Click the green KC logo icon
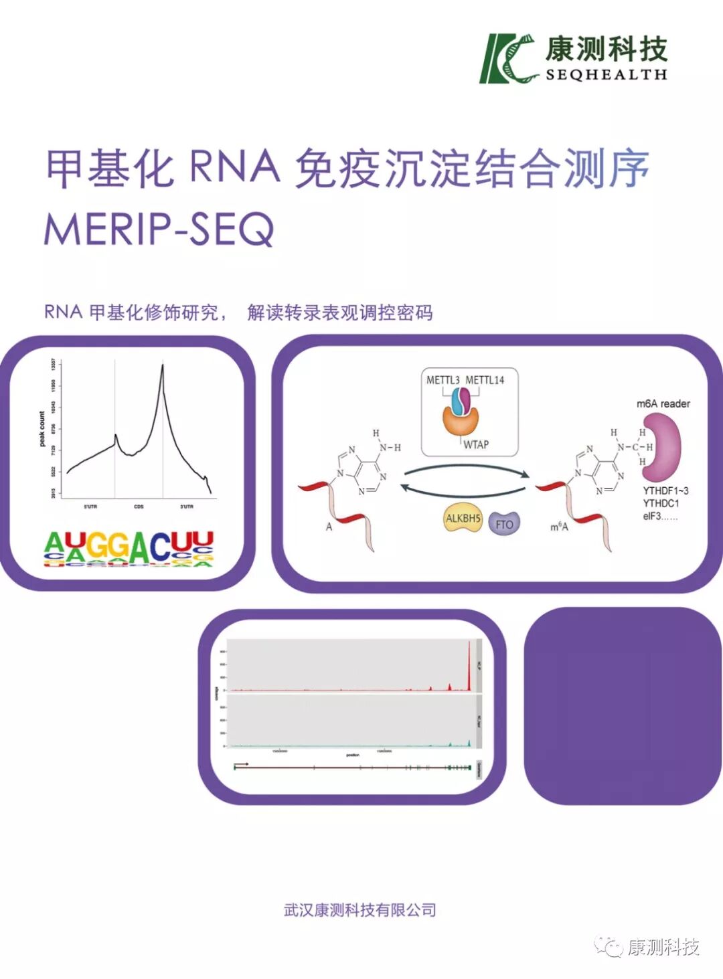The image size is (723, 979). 507,58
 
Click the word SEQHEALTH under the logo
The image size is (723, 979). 606,75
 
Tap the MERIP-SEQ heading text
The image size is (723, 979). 159,229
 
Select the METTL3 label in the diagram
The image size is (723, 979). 443,380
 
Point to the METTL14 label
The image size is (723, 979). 485,380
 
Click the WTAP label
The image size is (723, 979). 476,444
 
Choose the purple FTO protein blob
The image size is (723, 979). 504,524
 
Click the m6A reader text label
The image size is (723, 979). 663,404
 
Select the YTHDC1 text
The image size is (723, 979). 661,503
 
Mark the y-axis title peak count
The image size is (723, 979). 42,429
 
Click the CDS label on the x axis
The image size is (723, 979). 139,507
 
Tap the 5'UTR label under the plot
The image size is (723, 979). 90,507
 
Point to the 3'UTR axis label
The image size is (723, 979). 187,507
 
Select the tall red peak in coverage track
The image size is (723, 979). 469,662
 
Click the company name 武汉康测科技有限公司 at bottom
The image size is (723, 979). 360,910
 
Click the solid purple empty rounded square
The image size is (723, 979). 623,706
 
